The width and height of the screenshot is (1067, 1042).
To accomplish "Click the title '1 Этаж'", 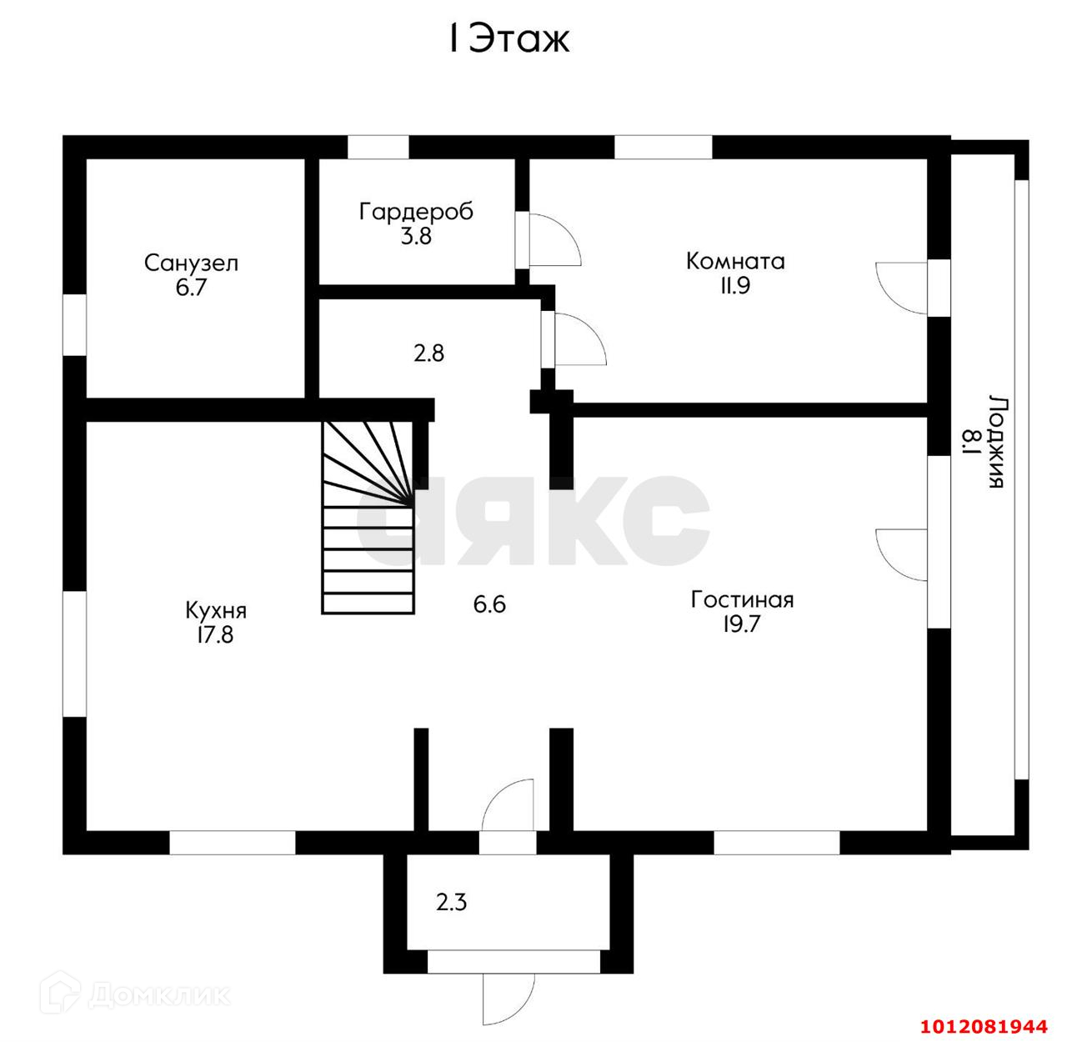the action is [x=508, y=39].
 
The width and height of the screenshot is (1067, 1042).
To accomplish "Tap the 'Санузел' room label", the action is [x=191, y=263].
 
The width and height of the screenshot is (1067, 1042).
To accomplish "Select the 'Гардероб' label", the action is [x=416, y=212].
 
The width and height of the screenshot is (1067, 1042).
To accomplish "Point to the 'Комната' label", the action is [x=734, y=261].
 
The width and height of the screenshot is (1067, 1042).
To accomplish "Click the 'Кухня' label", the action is [x=216, y=610].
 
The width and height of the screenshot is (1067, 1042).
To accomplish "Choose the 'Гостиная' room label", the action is [x=742, y=599].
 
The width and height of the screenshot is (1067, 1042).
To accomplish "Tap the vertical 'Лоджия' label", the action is [x=995, y=441].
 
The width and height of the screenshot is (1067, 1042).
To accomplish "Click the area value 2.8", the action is [x=429, y=353].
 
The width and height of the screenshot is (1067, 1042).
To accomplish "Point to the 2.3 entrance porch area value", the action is [x=451, y=901].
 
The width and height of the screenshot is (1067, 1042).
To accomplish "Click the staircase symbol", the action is [x=368, y=517].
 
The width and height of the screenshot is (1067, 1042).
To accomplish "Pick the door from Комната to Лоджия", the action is [x=904, y=288].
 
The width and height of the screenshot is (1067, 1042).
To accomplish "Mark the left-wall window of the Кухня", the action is [x=75, y=654].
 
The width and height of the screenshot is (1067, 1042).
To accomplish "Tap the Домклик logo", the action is [x=142, y=994].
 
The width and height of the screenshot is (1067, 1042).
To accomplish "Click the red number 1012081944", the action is [x=996, y=1025].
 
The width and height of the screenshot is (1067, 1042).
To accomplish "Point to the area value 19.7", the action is [x=741, y=624].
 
